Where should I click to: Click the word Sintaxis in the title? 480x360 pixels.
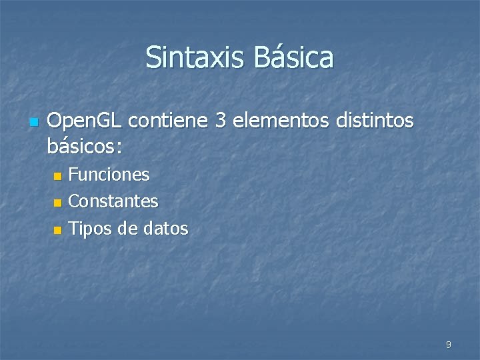pyautogui.click(x=194, y=57)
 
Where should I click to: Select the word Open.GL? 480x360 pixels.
pyautogui.click(x=85, y=121)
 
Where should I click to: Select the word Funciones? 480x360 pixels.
pyautogui.click(x=109, y=175)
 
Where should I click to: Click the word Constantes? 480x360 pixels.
pyautogui.click(x=113, y=201)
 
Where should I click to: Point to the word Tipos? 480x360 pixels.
pyautogui.click(x=91, y=229)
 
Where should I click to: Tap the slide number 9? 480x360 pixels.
pyautogui.click(x=448, y=345)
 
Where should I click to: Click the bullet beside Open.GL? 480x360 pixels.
pyautogui.click(x=33, y=123)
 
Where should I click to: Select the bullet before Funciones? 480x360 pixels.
pyautogui.click(x=57, y=177)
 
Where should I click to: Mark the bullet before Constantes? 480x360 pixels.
pyautogui.click(x=57, y=202)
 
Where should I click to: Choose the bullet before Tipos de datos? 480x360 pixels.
pyautogui.click(x=57, y=230)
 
